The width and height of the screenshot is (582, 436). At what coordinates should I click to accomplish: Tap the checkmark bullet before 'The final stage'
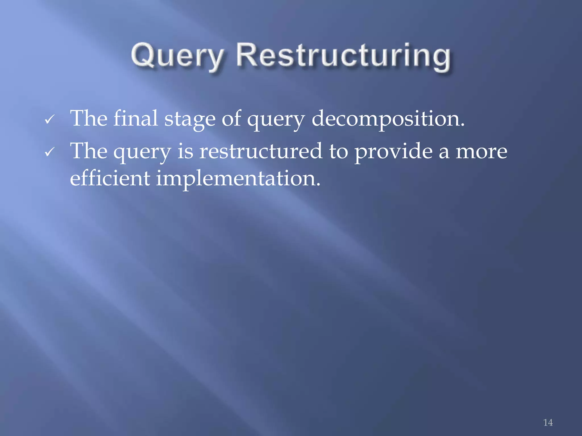point(49,120)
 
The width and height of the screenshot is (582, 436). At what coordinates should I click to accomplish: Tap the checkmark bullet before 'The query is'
point(49,152)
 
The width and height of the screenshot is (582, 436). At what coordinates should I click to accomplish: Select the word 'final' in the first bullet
point(136,118)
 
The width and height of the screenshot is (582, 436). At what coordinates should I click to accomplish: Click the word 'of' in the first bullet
point(231,118)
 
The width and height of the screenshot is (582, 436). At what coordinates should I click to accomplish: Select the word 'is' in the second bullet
point(185,151)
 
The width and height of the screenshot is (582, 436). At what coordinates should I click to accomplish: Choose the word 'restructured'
point(261,151)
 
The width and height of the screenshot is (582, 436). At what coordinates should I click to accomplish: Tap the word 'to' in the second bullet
point(338,152)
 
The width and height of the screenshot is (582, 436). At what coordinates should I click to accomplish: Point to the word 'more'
point(481,152)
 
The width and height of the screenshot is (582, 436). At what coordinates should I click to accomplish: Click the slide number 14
point(548,422)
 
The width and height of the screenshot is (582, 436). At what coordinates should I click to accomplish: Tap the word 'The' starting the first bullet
point(89,118)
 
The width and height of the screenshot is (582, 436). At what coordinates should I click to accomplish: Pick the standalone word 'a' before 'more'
point(444,153)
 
